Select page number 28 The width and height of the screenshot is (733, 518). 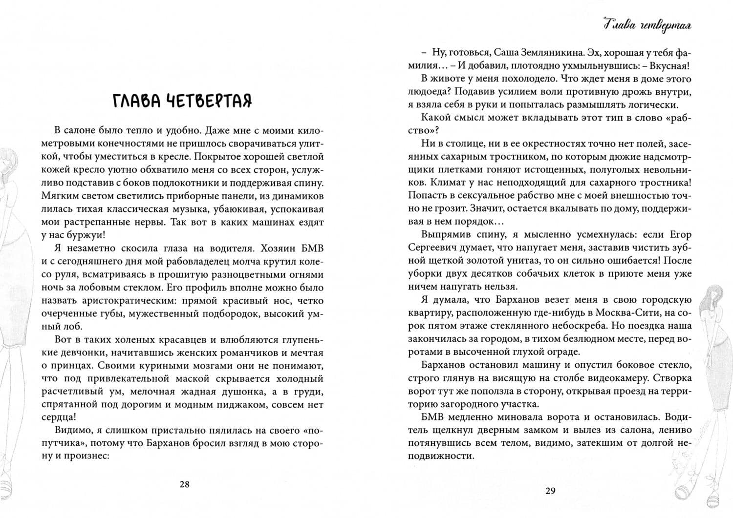pyautogui.click(x=184, y=484)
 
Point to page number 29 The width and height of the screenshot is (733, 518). pyautogui.click(x=550, y=491)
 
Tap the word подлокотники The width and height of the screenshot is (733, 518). pyautogui.click(x=212, y=184)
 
